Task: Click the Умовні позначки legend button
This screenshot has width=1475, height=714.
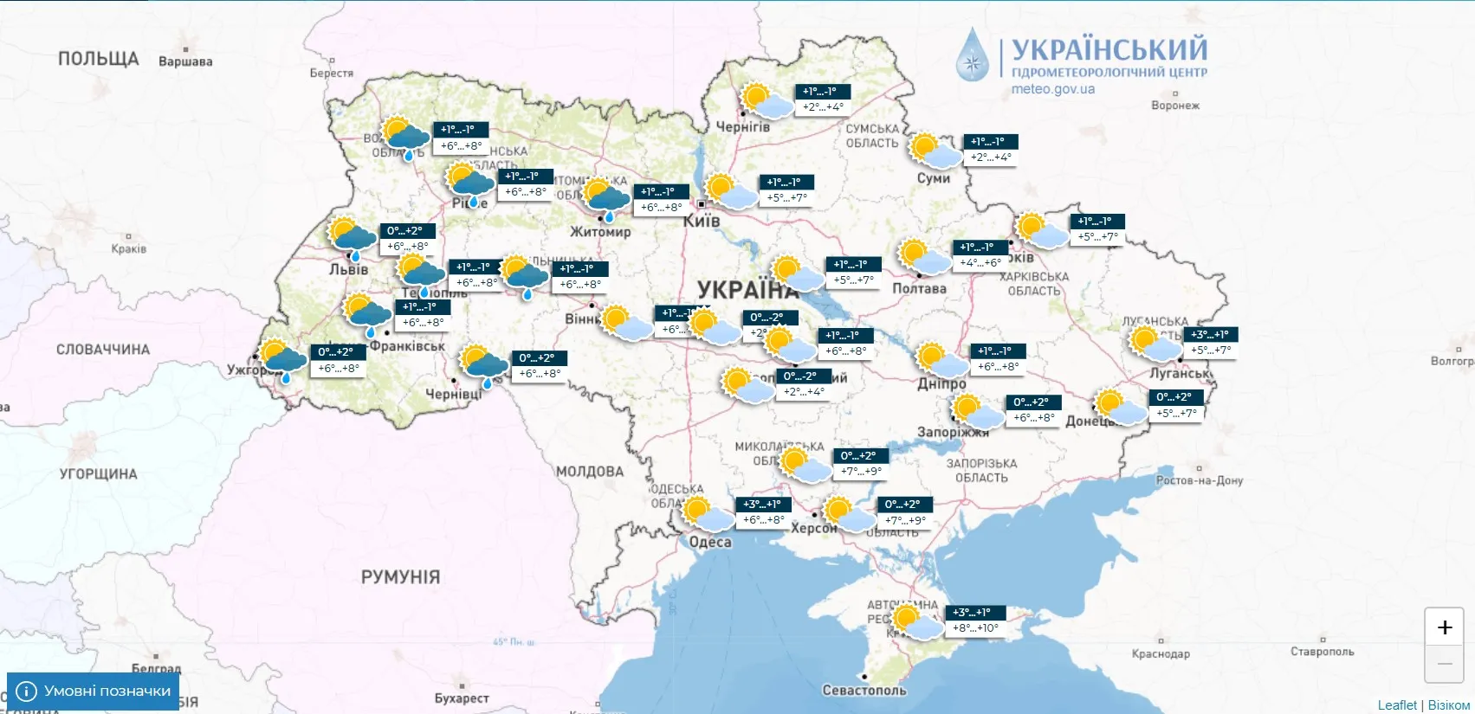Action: (94, 691)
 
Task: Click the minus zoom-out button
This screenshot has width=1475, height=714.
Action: (1444, 664)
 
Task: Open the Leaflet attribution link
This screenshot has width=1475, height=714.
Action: (1397, 705)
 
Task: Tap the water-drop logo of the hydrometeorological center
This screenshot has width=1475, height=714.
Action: (973, 55)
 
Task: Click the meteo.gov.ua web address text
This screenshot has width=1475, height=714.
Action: (1052, 88)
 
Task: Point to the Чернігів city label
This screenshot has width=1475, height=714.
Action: (742, 126)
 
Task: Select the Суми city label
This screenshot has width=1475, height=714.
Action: (933, 178)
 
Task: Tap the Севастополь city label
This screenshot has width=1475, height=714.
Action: (864, 690)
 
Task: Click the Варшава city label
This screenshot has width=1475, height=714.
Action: (185, 61)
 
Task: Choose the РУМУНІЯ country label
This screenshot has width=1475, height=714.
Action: (400, 576)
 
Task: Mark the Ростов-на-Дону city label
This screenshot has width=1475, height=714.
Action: (1199, 480)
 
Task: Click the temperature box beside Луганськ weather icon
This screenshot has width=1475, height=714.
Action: (1210, 343)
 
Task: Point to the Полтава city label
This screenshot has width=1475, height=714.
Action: (919, 288)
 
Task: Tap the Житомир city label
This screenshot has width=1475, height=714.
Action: (600, 232)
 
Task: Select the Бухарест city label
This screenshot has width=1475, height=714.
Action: (462, 698)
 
